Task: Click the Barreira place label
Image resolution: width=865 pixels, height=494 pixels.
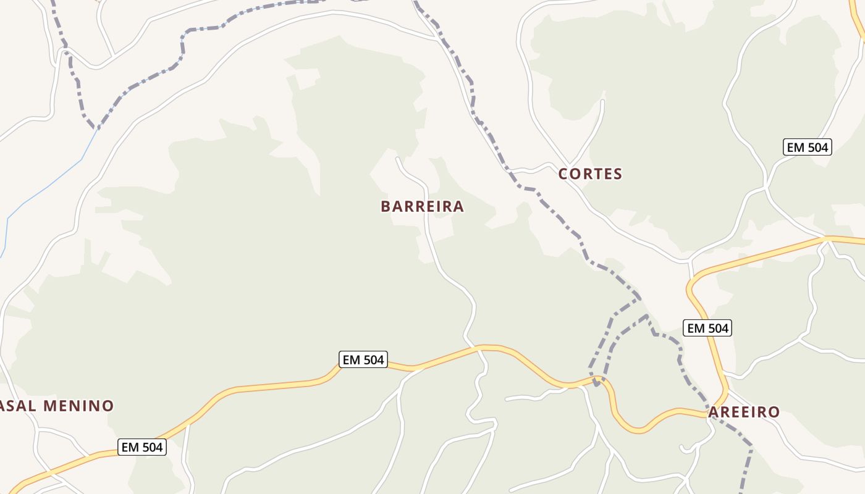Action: [x=422, y=206]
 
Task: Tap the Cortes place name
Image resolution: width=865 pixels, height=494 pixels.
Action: [x=590, y=174]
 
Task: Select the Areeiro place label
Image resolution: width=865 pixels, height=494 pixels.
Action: [x=744, y=412]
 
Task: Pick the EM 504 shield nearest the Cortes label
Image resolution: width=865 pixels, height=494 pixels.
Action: [x=807, y=147]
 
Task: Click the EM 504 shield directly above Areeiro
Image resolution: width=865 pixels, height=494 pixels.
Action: [x=707, y=328]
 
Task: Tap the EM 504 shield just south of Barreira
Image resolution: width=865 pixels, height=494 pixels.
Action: [x=363, y=359]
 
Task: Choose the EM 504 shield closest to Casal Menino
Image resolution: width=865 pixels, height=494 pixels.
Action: [x=142, y=447]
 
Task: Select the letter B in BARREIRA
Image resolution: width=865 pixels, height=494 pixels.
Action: [x=386, y=206]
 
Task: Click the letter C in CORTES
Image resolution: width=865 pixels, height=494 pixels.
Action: [x=563, y=174]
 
